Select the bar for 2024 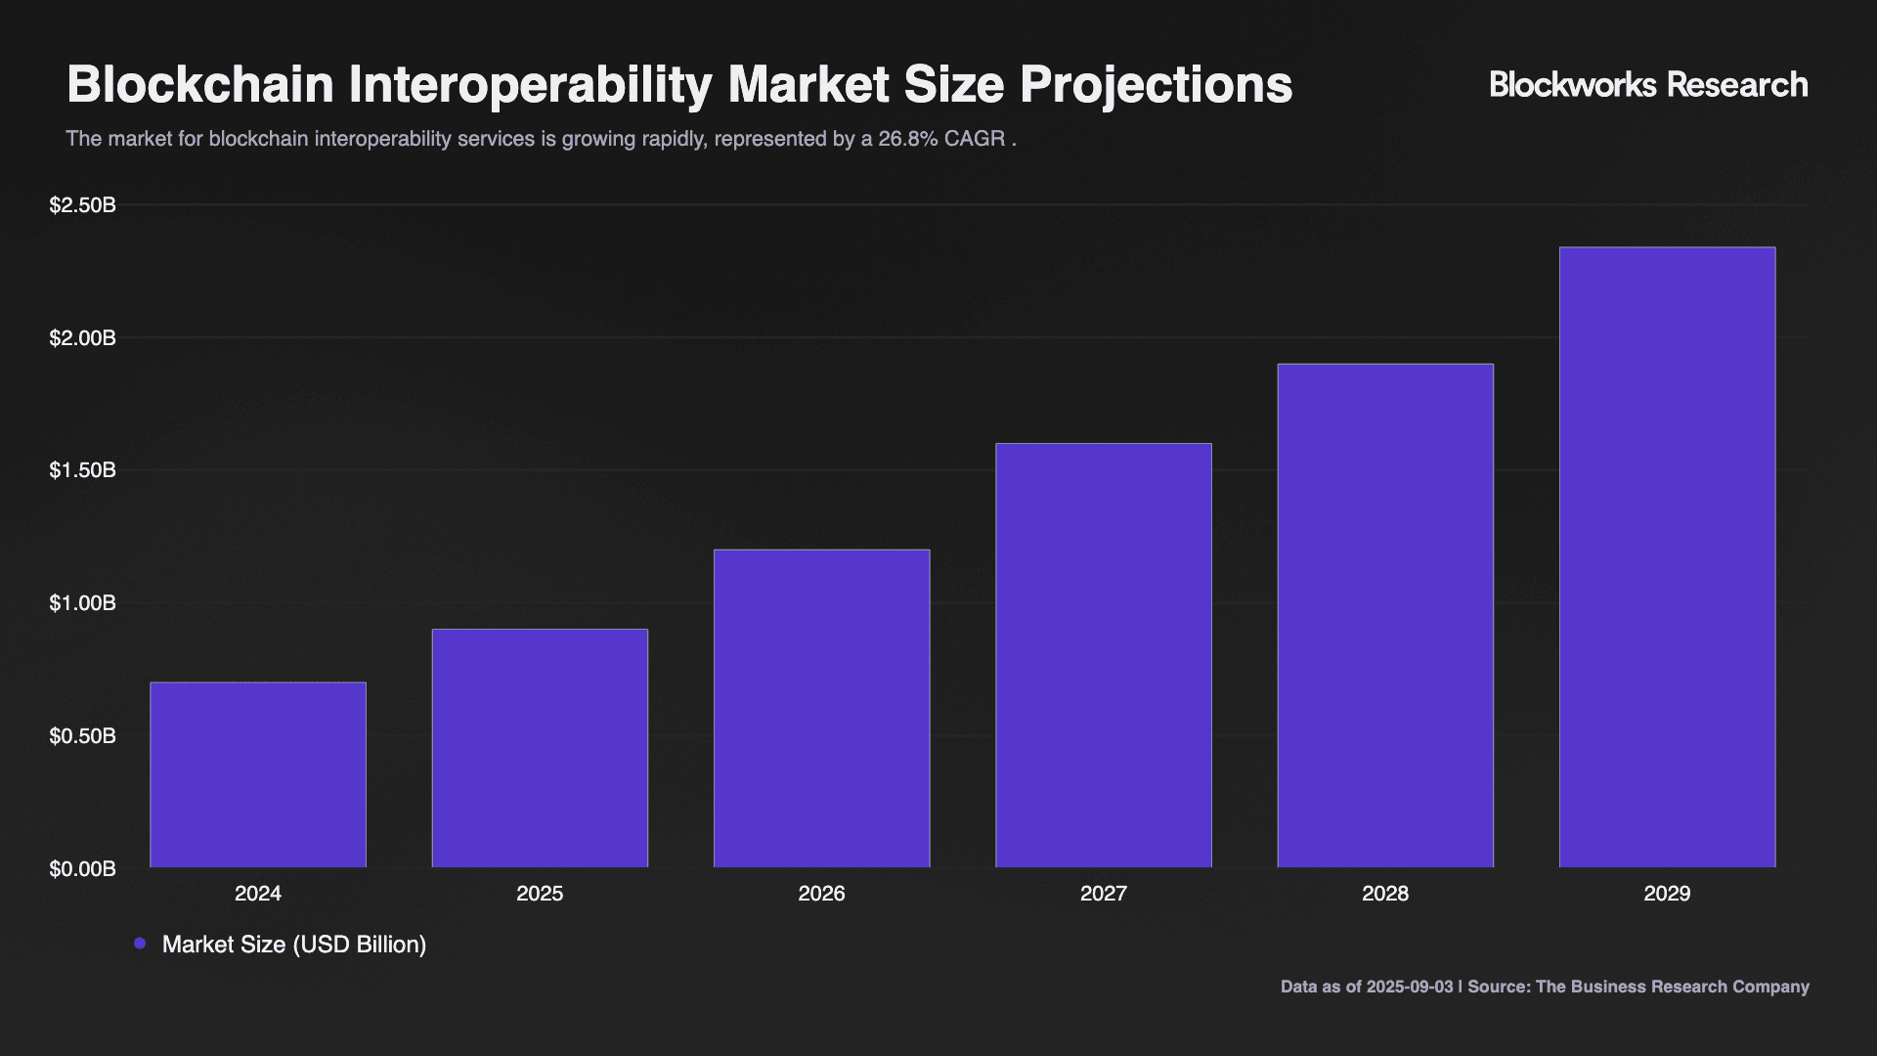pyautogui.click(x=258, y=774)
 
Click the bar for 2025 pyautogui.click(x=540, y=748)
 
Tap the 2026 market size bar pyautogui.click(x=821, y=708)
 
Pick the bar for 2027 pyautogui.click(x=1103, y=655)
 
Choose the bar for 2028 pyautogui.click(x=1385, y=615)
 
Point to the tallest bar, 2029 pyautogui.click(x=1667, y=557)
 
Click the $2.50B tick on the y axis pyautogui.click(x=83, y=205)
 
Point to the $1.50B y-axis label pyautogui.click(x=83, y=470)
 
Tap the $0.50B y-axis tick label pyautogui.click(x=83, y=736)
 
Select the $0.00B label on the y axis pyautogui.click(x=83, y=869)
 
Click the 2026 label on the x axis pyautogui.click(x=821, y=894)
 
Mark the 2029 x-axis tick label pyautogui.click(x=1667, y=894)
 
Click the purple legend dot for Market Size pyautogui.click(x=140, y=944)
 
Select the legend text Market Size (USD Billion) pyautogui.click(x=294, y=945)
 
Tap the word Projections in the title pyautogui.click(x=1156, y=85)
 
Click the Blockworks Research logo pyautogui.click(x=1648, y=85)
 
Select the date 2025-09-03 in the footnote pyautogui.click(x=1410, y=987)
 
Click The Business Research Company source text pyautogui.click(x=1672, y=987)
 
